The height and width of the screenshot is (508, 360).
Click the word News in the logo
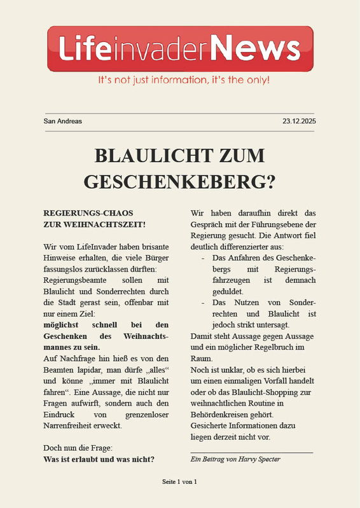255,48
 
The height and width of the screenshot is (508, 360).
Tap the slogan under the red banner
183,81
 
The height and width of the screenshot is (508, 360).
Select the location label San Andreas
62,121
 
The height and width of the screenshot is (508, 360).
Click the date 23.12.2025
299,121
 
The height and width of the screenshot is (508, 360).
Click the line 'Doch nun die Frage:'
77,448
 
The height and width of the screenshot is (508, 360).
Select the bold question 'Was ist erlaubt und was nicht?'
99,459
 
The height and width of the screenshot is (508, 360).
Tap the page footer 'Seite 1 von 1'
180,481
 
